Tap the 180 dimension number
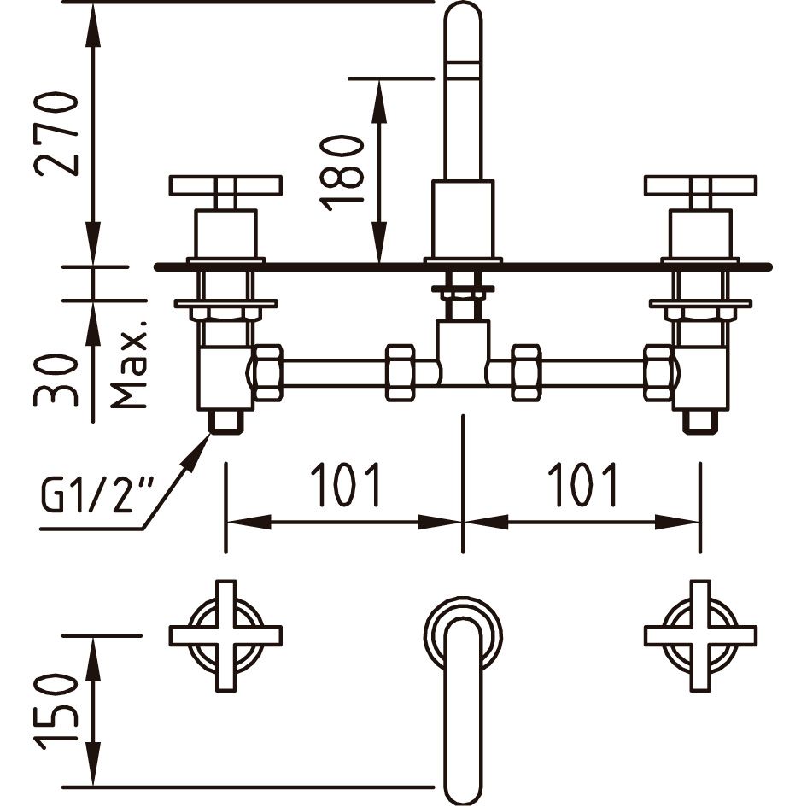343,172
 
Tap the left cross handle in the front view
225,185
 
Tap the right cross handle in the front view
700,185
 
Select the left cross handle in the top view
225,635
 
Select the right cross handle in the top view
700,635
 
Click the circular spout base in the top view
463,632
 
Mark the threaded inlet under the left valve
225,421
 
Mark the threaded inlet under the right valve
700,421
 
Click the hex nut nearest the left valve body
268,372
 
